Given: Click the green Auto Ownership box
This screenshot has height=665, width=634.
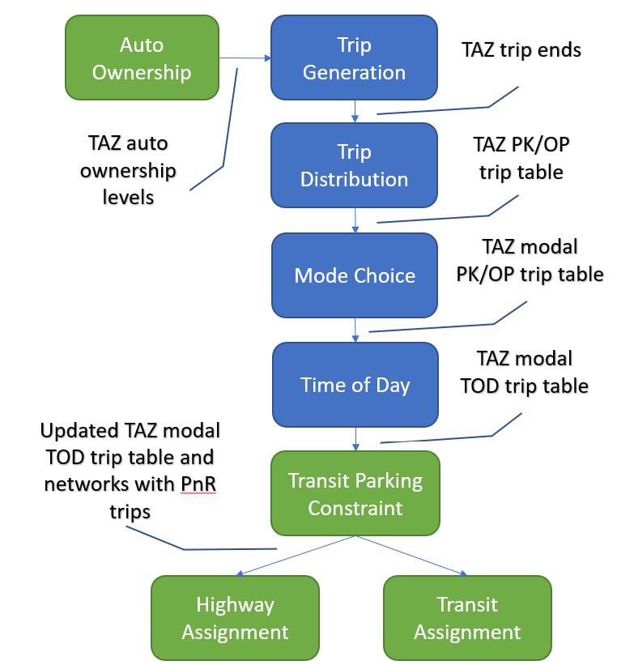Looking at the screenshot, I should [x=142, y=58].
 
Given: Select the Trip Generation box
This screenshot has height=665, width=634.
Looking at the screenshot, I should [x=354, y=58].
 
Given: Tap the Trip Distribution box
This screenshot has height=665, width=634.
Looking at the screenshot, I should [x=354, y=165].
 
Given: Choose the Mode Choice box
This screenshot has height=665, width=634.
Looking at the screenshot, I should [x=355, y=275].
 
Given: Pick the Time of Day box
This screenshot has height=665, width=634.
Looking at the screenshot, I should [x=355, y=384].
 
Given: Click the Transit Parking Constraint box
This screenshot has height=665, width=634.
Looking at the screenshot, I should [x=355, y=494].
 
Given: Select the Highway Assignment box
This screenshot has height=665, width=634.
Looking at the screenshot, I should [x=235, y=617].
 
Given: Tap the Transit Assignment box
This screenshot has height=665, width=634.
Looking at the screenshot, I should [x=467, y=617].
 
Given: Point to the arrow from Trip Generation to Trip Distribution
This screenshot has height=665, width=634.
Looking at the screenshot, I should [x=355, y=111].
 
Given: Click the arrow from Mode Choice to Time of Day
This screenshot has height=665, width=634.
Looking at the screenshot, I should [x=355, y=330].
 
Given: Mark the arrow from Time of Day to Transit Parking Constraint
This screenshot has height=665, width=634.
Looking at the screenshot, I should [x=355, y=438].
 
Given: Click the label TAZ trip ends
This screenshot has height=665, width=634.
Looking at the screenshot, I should [x=521, y=50].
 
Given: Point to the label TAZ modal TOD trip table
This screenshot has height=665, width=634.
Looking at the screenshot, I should [x=524, y=372].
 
